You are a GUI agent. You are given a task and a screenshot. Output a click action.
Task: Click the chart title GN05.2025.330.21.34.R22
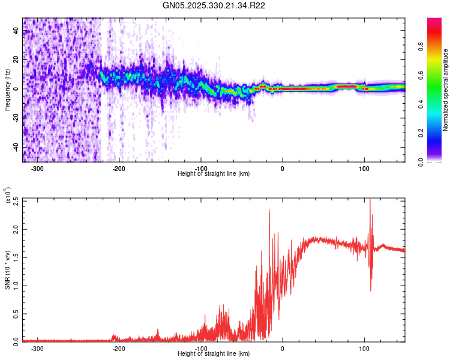coord(214,5)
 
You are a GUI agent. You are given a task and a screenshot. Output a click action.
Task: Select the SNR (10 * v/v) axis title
coord(7,269)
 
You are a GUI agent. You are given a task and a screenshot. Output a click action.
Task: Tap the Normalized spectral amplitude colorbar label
coord(446,90)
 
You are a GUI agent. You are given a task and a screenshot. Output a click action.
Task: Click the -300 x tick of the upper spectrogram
coord(37,168)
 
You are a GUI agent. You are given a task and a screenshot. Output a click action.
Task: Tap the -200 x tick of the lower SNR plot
coord(119,348)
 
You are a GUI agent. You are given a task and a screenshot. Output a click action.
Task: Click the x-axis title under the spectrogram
coord(214,173)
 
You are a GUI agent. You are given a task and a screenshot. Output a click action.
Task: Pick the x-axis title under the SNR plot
coord(214,354)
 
